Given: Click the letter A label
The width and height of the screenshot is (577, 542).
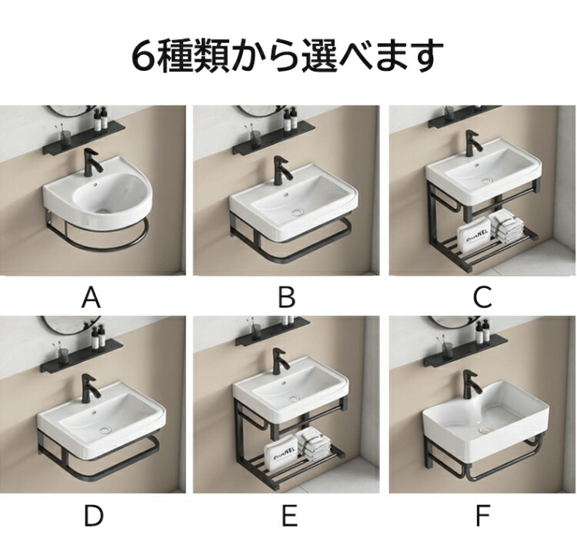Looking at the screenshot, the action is (91, 297).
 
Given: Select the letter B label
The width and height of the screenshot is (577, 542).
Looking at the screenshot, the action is (287, 297).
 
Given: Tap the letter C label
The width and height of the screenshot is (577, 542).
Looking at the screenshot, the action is (482, 297).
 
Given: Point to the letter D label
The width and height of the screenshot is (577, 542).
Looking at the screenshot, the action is (93, 516).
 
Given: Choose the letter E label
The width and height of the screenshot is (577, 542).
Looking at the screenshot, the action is (289, 516).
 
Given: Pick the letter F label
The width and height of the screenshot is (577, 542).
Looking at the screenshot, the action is (483, 516).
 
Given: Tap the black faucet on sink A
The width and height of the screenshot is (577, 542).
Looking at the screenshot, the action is (92, 162).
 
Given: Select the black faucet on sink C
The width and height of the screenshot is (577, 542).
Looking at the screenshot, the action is (473, 144).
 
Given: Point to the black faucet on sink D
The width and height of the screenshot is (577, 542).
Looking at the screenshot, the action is (90, 387).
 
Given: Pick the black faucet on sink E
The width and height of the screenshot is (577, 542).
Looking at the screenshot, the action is (280, 361).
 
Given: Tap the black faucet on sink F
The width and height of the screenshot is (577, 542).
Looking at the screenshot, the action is (472, 385).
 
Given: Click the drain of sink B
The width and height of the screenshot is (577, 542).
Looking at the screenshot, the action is (298, 212).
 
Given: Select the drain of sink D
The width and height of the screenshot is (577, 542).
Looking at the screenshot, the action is (105, 430).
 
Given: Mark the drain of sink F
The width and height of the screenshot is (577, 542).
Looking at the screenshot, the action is (487, 429).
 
